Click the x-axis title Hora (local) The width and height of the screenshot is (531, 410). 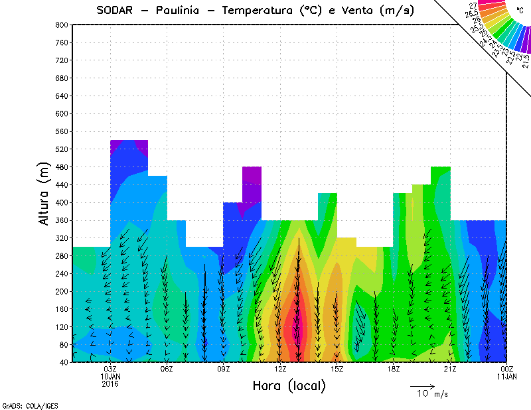[289, 385]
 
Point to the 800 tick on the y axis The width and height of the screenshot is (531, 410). [60, 25]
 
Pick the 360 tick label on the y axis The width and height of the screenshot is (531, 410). [60, 220]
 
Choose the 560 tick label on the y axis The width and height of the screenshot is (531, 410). [60, 131]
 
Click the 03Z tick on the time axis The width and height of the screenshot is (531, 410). [110, 369]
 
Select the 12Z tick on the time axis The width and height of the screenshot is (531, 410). [280, 369]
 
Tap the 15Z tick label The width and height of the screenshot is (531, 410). [337, 369]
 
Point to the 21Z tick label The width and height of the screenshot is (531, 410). [450, 369]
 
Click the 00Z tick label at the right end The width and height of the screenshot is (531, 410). [506, 369]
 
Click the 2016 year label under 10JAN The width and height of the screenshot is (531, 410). [110, 383]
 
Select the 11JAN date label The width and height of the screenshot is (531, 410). [506, 376]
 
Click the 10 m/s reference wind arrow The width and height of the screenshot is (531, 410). [421, 385]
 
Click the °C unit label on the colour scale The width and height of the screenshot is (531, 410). [520, 11]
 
